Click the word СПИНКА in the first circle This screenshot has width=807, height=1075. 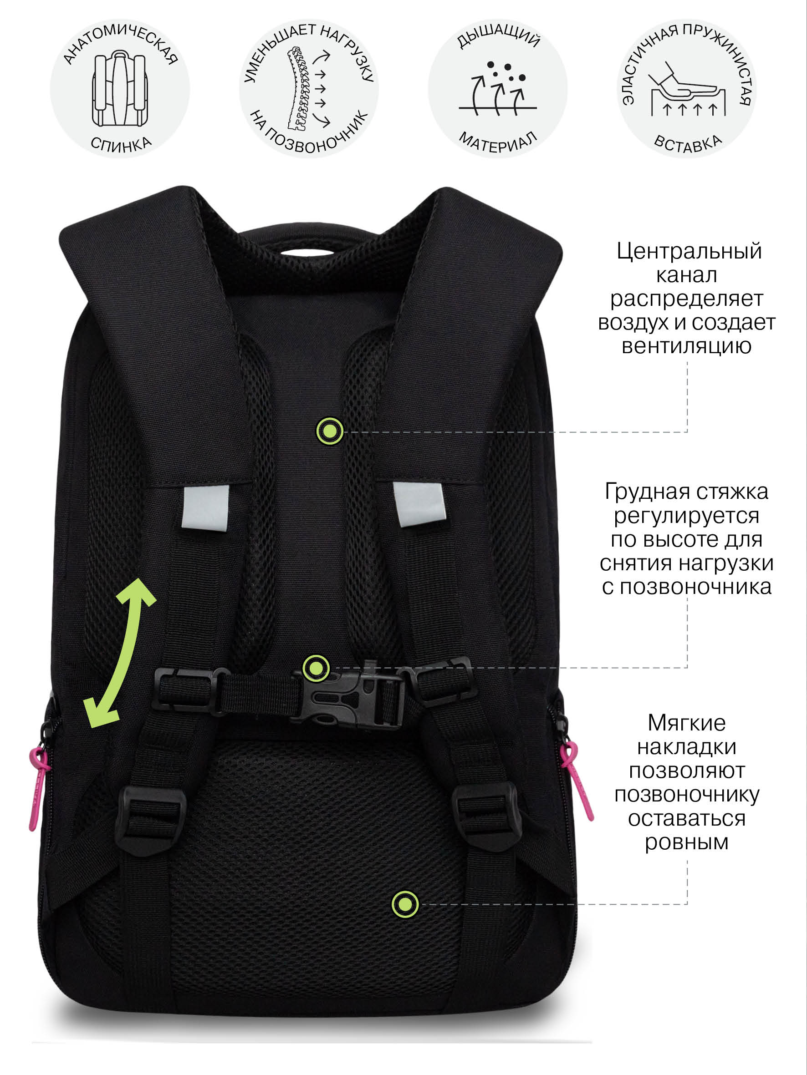coord(121,144)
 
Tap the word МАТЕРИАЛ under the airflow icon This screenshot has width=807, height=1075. coord(498,142)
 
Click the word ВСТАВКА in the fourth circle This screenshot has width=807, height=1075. coord(688,143)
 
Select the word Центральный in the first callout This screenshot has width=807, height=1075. coord(689,251)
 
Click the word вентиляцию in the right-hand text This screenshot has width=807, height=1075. coord(686,346)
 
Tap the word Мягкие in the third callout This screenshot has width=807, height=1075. coord(686,723)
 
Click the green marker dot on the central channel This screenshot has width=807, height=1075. coord(330,431)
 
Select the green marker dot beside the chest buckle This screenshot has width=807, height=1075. coord(316,668)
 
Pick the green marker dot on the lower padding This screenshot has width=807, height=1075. coord(405,904)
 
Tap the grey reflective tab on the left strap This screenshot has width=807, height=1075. coord(205,508)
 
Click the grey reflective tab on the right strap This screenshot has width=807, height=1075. coord(419,504)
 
